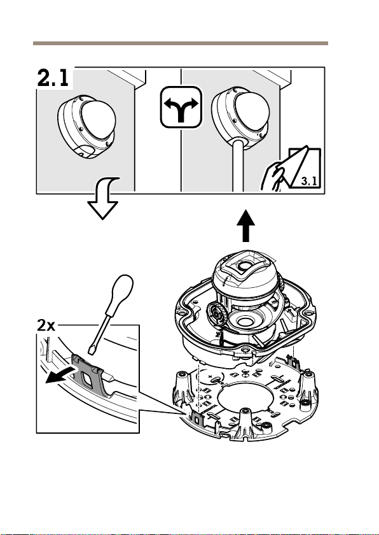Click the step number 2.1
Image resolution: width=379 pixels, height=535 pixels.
(53, 78)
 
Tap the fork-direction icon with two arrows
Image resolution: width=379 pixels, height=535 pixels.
(181, 107)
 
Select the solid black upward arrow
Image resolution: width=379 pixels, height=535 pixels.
(245, 225)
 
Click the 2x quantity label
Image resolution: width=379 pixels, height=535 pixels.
(46, 325)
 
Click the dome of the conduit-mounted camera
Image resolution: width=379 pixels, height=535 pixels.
(252, 112)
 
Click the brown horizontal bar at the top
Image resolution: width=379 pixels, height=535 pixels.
(181, 43)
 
